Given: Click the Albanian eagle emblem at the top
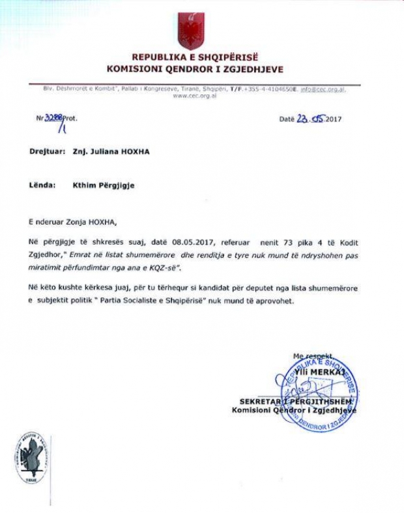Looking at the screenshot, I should [x=194, y=29].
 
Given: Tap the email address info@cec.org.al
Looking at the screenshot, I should [x=323, y=89].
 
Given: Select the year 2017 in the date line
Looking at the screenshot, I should [x=333, y=120].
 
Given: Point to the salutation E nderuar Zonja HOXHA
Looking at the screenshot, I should [x=75, y=221].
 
